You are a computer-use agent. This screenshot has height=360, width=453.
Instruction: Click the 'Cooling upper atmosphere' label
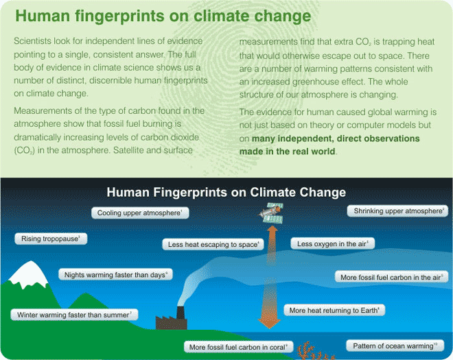[140, 213]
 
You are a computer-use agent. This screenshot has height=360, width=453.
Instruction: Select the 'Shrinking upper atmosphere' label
[397, 211]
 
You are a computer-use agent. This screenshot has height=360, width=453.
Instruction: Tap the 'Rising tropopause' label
[51, 239]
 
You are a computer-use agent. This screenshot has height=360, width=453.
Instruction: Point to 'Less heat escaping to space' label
[213, 244]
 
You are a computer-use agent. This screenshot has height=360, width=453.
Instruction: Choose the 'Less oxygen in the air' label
[332, 243]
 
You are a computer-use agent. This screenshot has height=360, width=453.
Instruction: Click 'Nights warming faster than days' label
[115, 274]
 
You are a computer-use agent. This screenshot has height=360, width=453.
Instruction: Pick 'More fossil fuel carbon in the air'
[391, 277]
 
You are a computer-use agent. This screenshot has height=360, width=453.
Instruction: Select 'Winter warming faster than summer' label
[74, 315]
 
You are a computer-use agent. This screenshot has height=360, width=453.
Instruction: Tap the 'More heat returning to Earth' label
[334, 311]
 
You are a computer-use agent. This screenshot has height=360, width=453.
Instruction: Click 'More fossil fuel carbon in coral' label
[239, 347]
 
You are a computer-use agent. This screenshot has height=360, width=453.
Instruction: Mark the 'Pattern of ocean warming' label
[395, 346]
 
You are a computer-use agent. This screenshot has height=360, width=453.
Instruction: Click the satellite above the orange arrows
[272, 213]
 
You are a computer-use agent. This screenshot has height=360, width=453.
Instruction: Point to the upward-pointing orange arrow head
[272, 230]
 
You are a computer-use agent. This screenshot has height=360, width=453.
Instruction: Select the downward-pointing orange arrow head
[269, 323]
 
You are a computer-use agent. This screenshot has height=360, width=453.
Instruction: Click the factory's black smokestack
[181, 313]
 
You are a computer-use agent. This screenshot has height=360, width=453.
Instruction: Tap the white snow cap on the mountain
[29, 274]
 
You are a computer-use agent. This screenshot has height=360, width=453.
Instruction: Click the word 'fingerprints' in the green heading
[119, 16]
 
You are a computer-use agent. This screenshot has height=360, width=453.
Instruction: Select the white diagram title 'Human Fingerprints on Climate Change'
[226, 192]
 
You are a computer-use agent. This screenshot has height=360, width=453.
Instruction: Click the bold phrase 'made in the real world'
[287, 152]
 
